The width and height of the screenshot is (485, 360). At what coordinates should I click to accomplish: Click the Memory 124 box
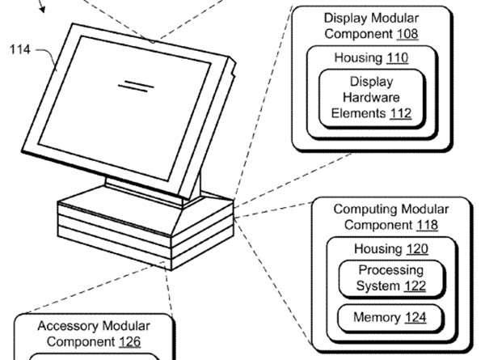pyautogui.click(x=390, y=317)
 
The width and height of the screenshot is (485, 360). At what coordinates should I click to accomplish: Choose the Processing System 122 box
pyautogui.click(x=390, y=277)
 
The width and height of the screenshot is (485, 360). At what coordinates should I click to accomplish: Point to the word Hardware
pyautogui.click(x=371, y=97)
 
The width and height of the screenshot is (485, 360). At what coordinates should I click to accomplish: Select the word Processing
pyautogui.click(x=390, y=269)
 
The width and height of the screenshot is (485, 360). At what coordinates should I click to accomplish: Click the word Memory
pyautogui.click(x=376, y=317)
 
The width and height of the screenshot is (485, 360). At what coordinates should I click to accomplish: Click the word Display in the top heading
pyautogui.click(x=348, y=17)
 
